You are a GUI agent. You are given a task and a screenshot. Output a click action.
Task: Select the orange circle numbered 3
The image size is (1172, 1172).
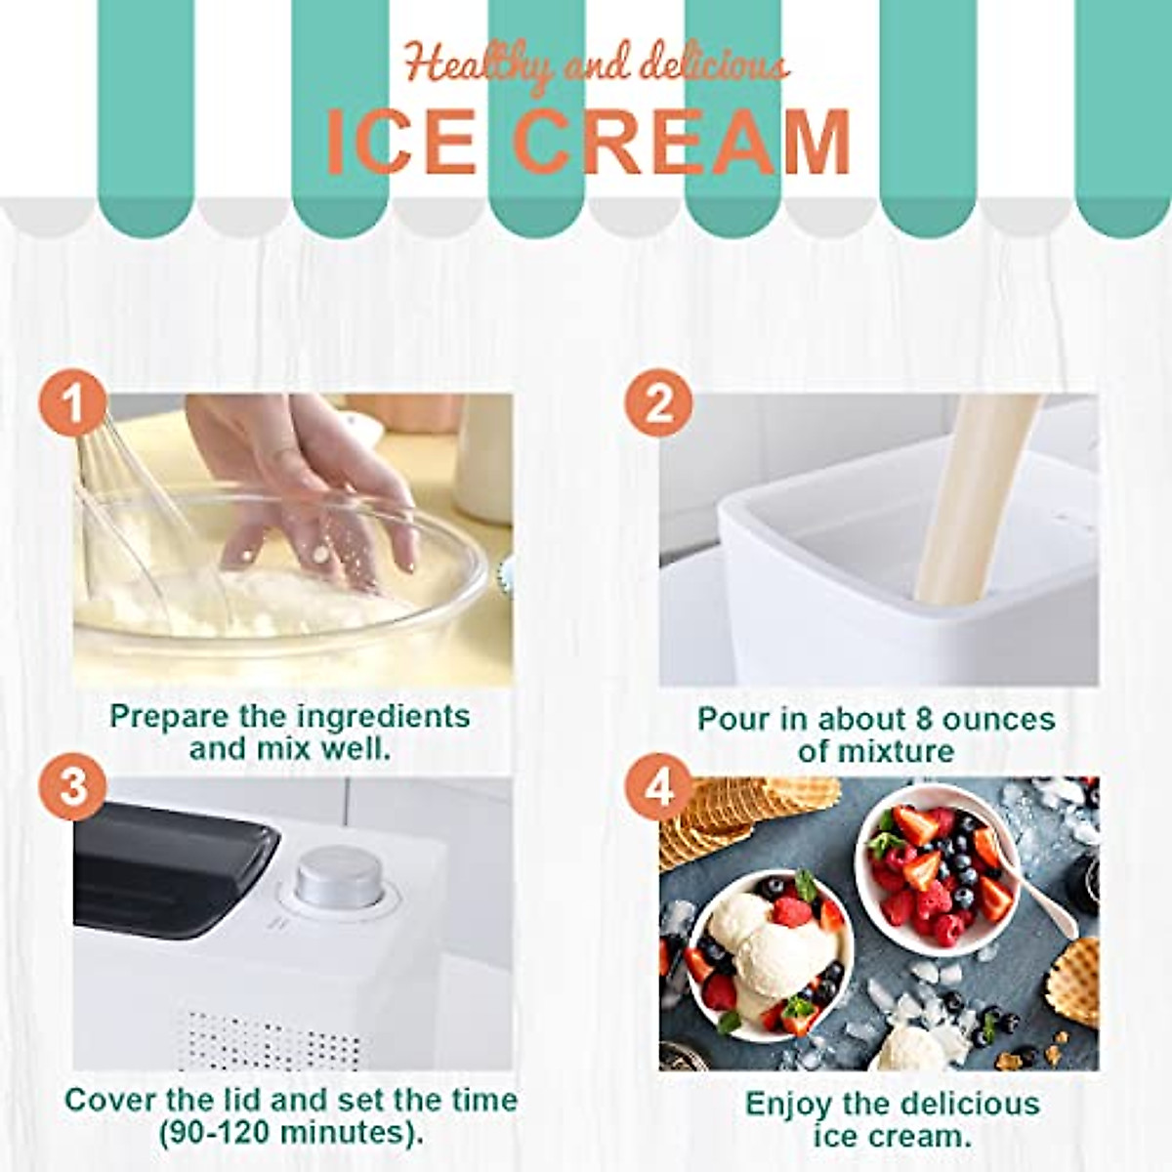click(x=72, y=787)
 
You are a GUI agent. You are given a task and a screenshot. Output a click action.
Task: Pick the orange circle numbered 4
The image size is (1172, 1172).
click(x=658, y=787)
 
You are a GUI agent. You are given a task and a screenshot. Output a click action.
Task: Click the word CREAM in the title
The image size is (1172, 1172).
click(x=681, y=144)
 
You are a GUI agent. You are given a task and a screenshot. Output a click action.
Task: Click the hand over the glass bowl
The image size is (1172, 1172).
click(x=322, y=488)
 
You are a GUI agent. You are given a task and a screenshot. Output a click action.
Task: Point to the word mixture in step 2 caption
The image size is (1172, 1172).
click(x=876, y=752)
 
